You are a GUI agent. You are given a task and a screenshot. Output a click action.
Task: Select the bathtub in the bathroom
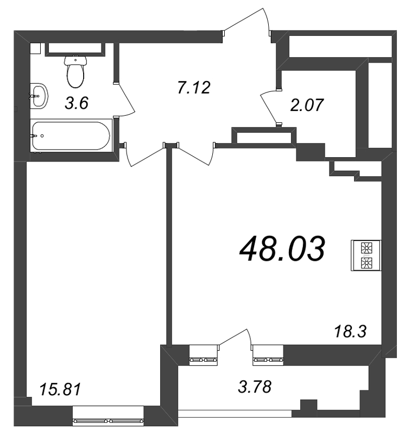coord(71,135)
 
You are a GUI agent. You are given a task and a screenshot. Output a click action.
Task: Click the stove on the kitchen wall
coord(368,256)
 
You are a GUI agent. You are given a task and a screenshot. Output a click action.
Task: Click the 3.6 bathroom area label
coord(76,103)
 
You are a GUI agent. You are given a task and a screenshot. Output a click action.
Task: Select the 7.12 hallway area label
coord(193,86)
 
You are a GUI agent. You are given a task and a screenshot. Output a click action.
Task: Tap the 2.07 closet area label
coord(307,104)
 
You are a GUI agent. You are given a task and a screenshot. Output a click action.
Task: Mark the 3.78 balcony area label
coord(255,388)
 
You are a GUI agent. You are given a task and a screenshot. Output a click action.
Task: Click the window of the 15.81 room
coord(109,420)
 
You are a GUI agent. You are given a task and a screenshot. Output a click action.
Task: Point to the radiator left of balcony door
coord(203,359)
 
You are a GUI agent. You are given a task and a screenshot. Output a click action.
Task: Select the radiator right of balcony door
coord(267,359)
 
